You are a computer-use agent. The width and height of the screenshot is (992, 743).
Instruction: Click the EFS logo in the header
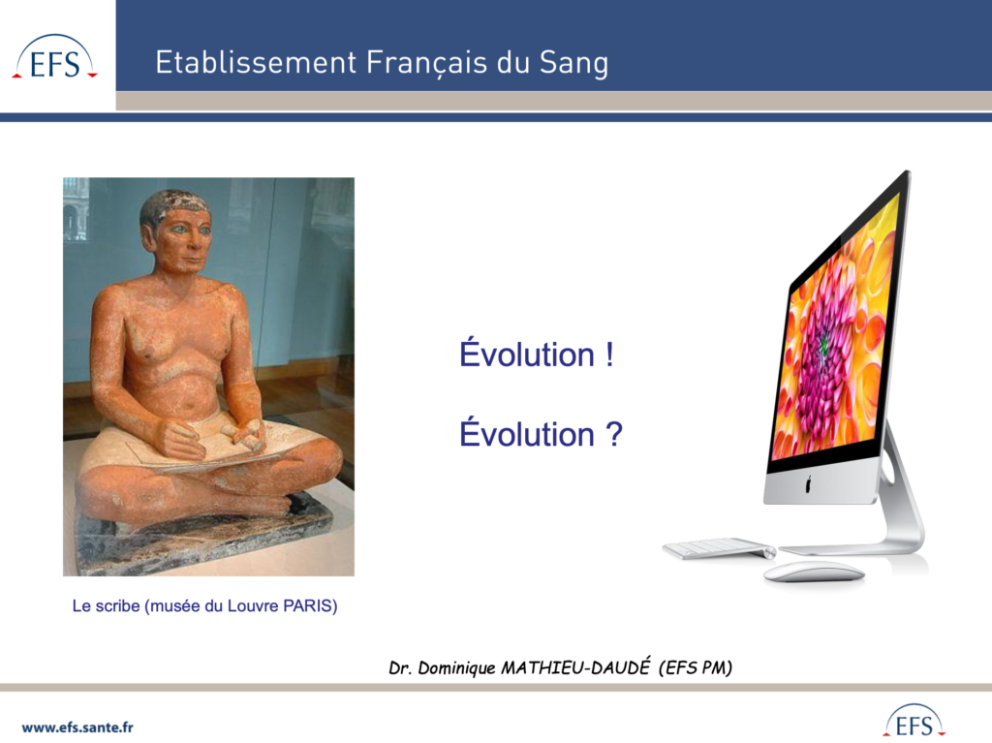[x=55, y=57]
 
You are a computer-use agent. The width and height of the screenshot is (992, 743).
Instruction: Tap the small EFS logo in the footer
[x=914, y=721]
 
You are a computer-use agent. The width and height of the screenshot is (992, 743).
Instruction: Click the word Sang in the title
[x=573, y=63]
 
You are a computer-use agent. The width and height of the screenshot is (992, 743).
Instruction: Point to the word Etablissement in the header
[x=256, y=62]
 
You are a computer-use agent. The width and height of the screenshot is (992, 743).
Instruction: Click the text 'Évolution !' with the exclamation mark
[x=537, y=354]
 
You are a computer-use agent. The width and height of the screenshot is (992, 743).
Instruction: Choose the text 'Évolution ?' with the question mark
[x=541, y=433]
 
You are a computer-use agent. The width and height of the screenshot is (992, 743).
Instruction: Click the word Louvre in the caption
[x=253, y=605]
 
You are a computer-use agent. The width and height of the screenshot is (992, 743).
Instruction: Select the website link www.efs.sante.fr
[x=77, y=728]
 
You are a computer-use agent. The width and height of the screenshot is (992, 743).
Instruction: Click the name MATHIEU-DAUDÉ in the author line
[x=575, y=667]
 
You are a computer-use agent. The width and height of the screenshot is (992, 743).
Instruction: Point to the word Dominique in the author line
[x=457, y=667]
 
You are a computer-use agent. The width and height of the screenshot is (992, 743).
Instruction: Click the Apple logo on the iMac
[x=808, y=484]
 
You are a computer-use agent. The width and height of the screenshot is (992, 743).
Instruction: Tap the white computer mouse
[x=814, y=573]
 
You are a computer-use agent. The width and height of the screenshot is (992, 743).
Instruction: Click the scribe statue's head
[x=177, y=230]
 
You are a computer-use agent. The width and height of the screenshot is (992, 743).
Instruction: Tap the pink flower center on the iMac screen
[x=824, y=346]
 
